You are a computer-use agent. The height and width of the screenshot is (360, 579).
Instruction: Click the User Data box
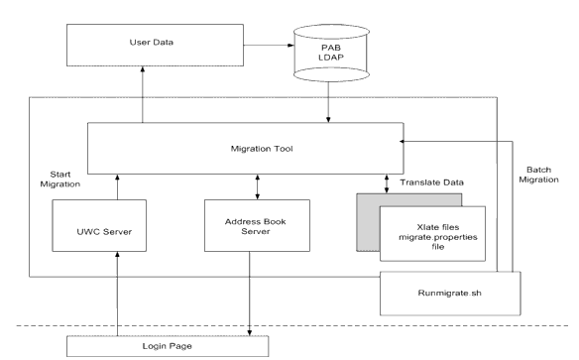[146, 44]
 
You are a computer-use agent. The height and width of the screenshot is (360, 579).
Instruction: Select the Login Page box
[168, 347]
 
